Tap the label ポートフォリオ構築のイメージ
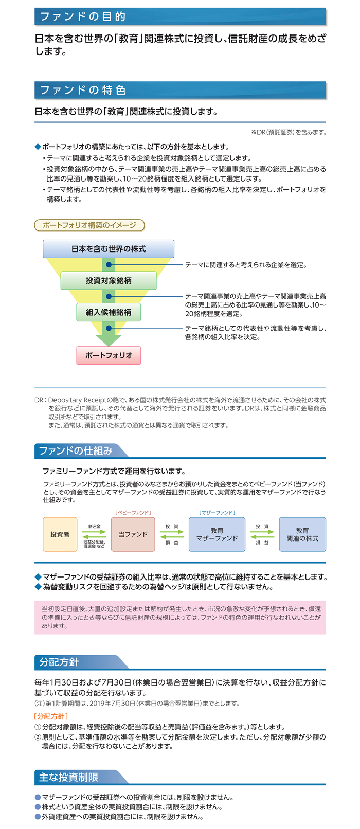point(89,225)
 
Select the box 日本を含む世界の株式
point(109,249)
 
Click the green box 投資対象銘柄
point(109,280)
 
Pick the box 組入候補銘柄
point(109,312)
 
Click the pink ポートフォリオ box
point(109,355)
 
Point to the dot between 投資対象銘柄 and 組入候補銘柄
point(109,296)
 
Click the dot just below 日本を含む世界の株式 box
point(109,265)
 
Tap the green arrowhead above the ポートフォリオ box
point(109,340)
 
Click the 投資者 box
point(60,534)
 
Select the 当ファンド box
point(133,534)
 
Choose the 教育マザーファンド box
point(217,534)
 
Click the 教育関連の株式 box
point(302,534)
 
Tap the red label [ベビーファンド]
point(133,513)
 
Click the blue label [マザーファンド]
point(217,513)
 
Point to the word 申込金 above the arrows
point(94,526)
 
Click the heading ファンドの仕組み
point(76,451)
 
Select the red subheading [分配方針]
point(51,716)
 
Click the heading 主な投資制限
point(68,777)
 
